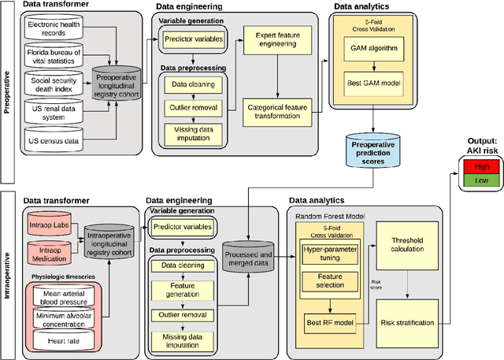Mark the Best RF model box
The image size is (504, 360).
pyautogui.click(x=330, y=321)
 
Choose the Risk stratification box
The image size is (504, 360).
pyautogui.click(x=407, y=321)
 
